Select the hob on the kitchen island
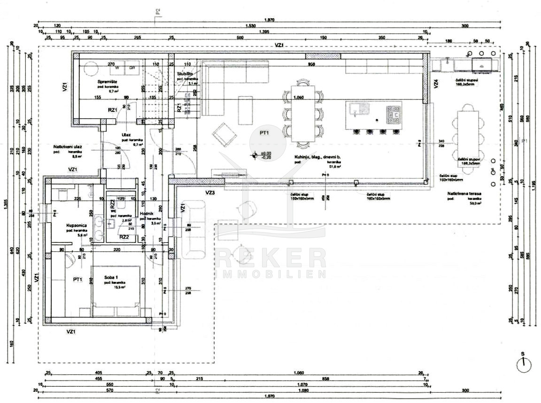pyautogui.click(x=394, y=113)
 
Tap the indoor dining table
pyautogui.click(x=302, y=113)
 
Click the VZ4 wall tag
pyautogui.click(x=436, y=84)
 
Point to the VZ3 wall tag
pyautogui.click(x=210, y=193)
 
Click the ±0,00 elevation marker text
pyautogui.click(x=266, y=154)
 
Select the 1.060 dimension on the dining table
pyautogui.click(x=299, y=98)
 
